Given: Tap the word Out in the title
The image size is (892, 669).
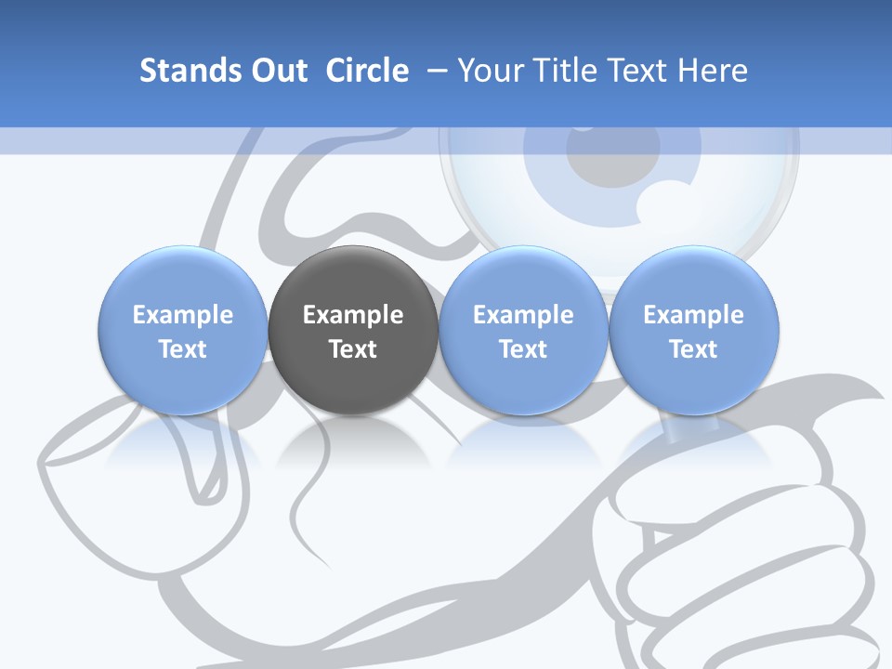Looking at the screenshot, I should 276,71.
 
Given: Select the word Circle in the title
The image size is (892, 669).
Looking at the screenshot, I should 367,71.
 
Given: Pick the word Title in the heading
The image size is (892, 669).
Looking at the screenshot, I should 566,71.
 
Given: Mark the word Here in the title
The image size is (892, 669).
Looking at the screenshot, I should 715,71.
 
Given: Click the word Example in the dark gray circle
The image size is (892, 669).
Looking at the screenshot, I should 353,315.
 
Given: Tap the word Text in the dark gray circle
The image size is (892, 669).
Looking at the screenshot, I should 353,349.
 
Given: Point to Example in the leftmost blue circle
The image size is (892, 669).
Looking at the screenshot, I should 183,315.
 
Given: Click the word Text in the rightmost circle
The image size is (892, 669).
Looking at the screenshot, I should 694,349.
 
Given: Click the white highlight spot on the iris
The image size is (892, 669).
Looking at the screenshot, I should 665,199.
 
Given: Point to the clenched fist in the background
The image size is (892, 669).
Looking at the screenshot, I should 734,548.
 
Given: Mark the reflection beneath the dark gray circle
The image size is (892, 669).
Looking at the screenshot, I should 353,441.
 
